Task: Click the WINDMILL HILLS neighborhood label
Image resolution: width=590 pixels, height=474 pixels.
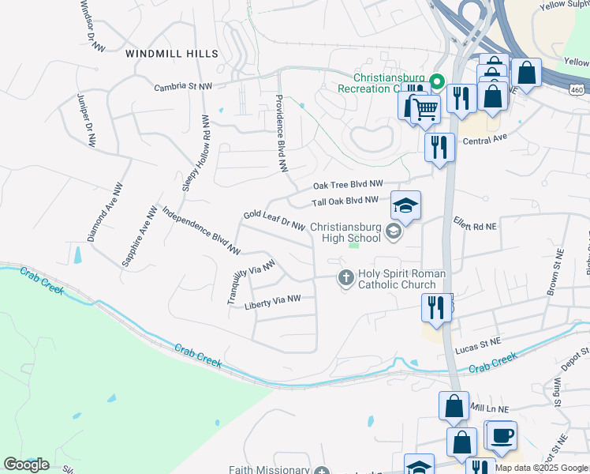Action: [x=171, y=53]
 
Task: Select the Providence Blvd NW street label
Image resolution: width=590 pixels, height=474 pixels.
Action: [x=279, y=133]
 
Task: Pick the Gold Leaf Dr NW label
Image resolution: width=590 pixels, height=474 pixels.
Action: [x=274, y=220]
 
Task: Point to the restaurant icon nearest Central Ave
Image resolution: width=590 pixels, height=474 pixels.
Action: [x=439, y=145]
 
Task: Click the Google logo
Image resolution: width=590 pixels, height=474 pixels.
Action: [x=26, y=465]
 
